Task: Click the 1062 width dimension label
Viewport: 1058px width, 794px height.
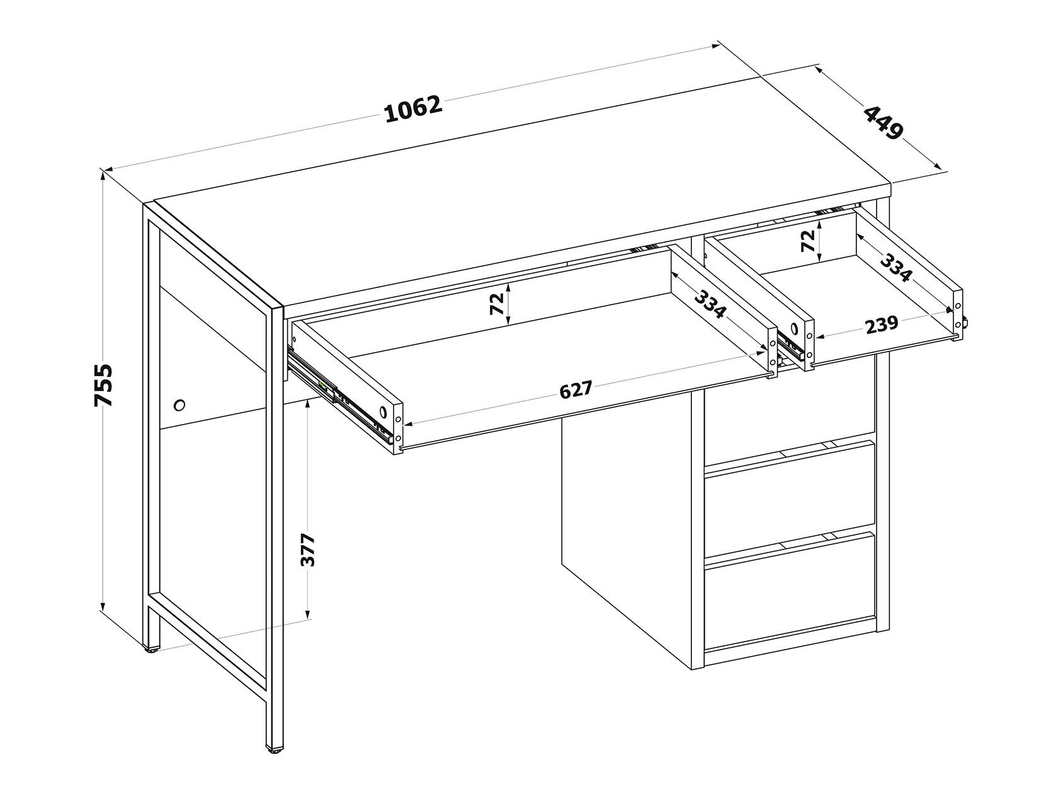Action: [413, 110]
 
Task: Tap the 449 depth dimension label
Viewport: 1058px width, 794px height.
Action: [882, 123]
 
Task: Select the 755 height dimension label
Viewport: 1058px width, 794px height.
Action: [103, 385]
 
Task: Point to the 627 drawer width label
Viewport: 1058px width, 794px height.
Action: [576, 389]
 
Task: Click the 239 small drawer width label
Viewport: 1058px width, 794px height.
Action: [882, 325]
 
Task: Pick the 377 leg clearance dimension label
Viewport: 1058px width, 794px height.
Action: [307, 550]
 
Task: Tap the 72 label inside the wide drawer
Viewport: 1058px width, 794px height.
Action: [496, 304]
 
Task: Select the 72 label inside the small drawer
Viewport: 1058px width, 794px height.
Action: [808, 241]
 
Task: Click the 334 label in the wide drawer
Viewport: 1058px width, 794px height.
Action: [710, 304]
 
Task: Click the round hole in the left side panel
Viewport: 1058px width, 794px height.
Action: [179, 405]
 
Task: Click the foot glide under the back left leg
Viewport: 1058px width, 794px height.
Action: [152, 649]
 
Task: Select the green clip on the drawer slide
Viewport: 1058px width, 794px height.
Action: [322, 384]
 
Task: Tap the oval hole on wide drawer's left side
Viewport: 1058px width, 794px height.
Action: [383, 411]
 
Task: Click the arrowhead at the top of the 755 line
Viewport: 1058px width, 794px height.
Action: [102, 176]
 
